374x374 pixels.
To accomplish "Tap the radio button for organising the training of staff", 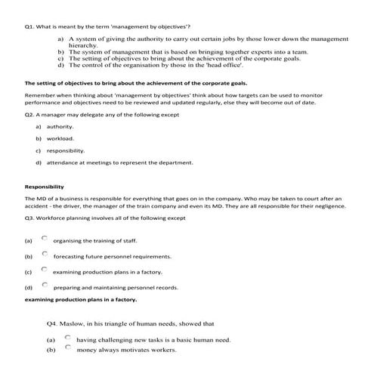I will point(45,236).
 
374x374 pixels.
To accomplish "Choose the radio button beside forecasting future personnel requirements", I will point(45,253).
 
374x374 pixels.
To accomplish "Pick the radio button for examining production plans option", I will point(45,269).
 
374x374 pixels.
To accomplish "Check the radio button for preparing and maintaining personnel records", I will point(45,285).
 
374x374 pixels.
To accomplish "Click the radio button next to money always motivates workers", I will point(69,348).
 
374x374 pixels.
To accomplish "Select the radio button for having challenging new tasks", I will point(69,337).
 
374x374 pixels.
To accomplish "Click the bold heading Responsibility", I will point(44,187).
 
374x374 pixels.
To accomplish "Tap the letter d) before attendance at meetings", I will point(39,162).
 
